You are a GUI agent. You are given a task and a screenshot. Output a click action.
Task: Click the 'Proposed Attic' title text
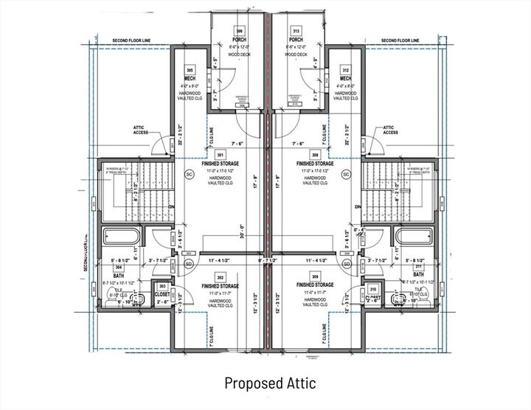270,383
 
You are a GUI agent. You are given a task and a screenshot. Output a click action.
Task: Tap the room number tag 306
240,31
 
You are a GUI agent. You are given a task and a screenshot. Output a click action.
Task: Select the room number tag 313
296,31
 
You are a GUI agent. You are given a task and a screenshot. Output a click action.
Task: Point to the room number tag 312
345,69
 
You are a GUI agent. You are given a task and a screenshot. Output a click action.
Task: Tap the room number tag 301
219,155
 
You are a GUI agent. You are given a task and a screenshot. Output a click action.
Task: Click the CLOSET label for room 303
162,293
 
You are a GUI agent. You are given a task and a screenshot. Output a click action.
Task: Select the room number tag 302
219,275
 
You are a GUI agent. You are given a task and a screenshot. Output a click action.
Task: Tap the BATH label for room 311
418,274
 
